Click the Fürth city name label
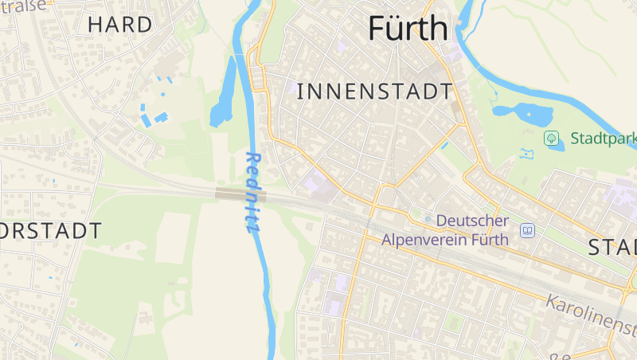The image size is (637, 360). (408, 29)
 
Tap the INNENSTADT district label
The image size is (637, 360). (374, 92)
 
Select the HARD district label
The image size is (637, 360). (119, 24)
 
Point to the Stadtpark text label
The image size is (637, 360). (603, 139)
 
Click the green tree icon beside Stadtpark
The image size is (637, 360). (551, 139)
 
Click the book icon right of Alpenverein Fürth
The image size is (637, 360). (527, 230)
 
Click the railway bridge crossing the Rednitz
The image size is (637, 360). (240, 194)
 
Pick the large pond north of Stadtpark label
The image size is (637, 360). (524, 114)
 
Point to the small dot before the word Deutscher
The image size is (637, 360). (428, 220)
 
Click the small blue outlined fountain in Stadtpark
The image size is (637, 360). (526, 152)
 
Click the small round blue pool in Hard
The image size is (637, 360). (170, 80)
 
